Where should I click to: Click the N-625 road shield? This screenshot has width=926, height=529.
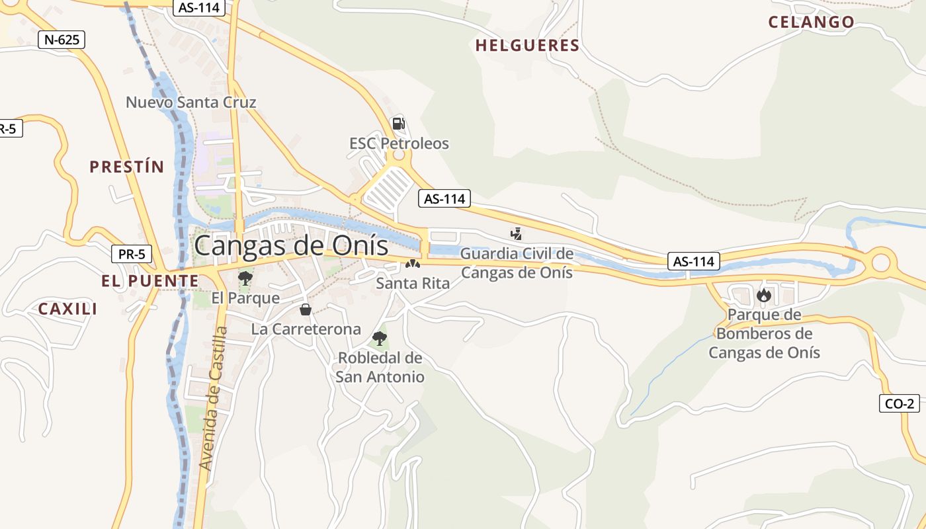tap(62, 40)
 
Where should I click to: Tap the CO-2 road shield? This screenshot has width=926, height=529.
tap(900, 403)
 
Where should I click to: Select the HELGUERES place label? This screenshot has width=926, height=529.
tap(527, 46)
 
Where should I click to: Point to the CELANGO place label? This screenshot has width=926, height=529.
tap(811, 22)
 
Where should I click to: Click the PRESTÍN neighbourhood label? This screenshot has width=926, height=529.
tap(126, 167)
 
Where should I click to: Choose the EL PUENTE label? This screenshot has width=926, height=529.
tap(149, 281)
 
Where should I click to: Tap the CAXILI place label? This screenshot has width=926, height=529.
tap(67, 309)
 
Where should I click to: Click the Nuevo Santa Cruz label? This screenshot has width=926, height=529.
tap(190, 102)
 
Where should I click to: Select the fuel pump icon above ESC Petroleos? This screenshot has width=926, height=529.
tap(398, 123)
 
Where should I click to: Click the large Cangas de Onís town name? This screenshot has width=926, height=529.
tap(291, 245)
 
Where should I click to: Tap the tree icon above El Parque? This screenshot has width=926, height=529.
tap(245, 278)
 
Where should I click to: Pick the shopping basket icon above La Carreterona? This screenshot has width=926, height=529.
tap(306, 309)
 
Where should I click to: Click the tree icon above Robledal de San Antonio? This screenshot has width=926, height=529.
tap(379, 339)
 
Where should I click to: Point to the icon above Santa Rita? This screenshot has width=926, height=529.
tap(413, 264)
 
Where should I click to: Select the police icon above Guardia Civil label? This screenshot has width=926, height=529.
tap(516, 233)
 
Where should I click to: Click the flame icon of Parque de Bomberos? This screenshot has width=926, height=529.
tap(764, 294)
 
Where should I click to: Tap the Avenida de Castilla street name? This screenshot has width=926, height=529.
tap(214, 398)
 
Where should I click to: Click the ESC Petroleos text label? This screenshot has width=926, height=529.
tap(399, 143)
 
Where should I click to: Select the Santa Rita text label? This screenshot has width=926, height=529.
tap(413, 284)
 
